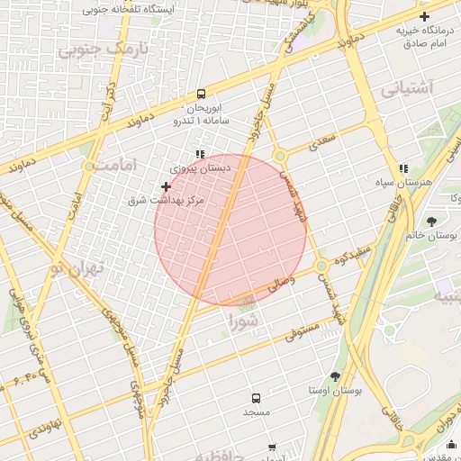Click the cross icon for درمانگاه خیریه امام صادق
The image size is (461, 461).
424,16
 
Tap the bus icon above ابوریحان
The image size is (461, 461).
201,94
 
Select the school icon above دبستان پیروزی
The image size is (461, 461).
201,154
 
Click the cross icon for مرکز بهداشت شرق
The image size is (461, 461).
166,186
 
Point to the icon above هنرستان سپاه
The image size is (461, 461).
403,167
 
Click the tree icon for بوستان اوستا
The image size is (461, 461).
335,376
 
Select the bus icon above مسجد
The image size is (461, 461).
256,397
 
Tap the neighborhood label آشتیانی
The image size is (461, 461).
406,89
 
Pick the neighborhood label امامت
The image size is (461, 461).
120,167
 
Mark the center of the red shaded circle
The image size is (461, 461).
230,230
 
